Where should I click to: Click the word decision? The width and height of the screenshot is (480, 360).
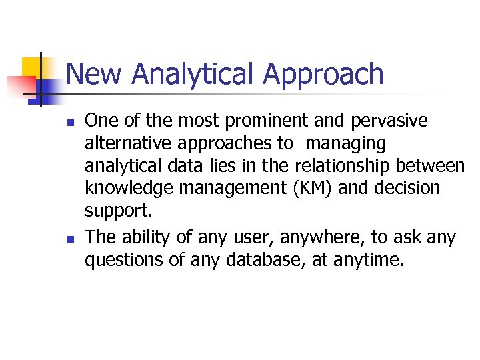[x=407, y=189]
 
